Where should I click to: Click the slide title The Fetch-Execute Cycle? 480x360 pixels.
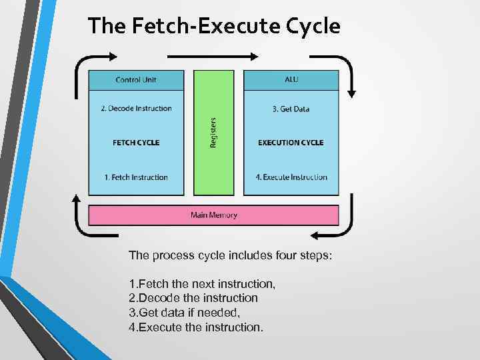pyautogui.click(x=214, y=26)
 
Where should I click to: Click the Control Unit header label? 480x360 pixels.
pyautogui.click(x=136, y=80)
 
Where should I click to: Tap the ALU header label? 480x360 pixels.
pyautogui.click(x=291, y=80)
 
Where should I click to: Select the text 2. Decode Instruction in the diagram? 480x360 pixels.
pyautogui.click(x=136, y=109)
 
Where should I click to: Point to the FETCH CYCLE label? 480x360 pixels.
pyautogui.click(x=136, y=142)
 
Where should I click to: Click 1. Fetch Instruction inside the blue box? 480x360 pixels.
pyautogui.click(x=136, y=177)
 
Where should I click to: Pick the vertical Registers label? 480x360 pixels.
pyautogui.click(x=213, y=133)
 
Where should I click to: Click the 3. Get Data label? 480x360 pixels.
pyautogui.click(x=291, y=109)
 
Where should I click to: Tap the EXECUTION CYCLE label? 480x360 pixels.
pyautogui.click(x=291, y=142)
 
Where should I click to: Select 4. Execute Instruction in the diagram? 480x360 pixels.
pyautogui.click(x=291, y=177)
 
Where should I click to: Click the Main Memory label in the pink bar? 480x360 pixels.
pyautogui.click(x=214, y=215)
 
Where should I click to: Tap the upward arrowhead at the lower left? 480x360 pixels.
pyautogui.click(x=76, y=199)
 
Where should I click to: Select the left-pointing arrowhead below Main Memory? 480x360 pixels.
pyautogui.click(x=313, y=235)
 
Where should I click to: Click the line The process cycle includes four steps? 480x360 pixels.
pyautogui.click(x=230, y=255)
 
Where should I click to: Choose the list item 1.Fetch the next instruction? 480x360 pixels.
pyautogui.click(x=202, y=284)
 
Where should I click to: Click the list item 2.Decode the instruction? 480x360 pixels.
pyautogui.click(x=193, y=298)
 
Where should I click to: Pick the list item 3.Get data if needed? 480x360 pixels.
pyautogui.click(x=184, y=312)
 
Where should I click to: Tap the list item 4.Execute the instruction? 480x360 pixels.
pyautogui.click(x=196, y=327)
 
